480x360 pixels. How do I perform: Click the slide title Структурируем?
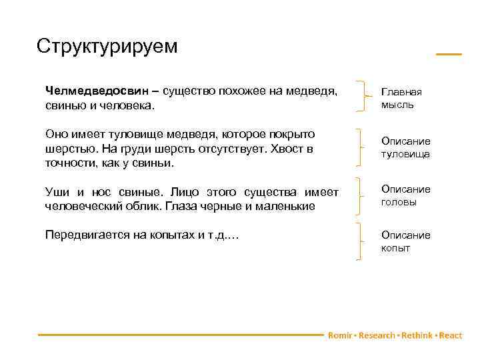click(x=107, y=46)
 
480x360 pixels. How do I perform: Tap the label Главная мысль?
click(x=397, y=98)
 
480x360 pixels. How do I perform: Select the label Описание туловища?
click(x=405, y=147)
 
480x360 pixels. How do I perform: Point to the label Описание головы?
click(x=405, y=195)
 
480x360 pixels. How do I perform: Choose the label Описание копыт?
click(x=405, y=241)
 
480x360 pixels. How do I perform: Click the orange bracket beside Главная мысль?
click(x=363, y=97)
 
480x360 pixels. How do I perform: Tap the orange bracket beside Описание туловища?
click(x=363, y=147)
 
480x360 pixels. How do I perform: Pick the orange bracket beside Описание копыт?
click(x=363, y=241)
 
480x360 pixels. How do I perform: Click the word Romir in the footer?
click(x=340, y=335)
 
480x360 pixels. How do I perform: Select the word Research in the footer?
click(x=377, y=335)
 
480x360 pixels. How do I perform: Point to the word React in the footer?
click(x=451, y=335)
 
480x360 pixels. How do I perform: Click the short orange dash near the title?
click(x=448, y=54)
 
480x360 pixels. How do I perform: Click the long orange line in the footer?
click(x=180, y=335)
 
